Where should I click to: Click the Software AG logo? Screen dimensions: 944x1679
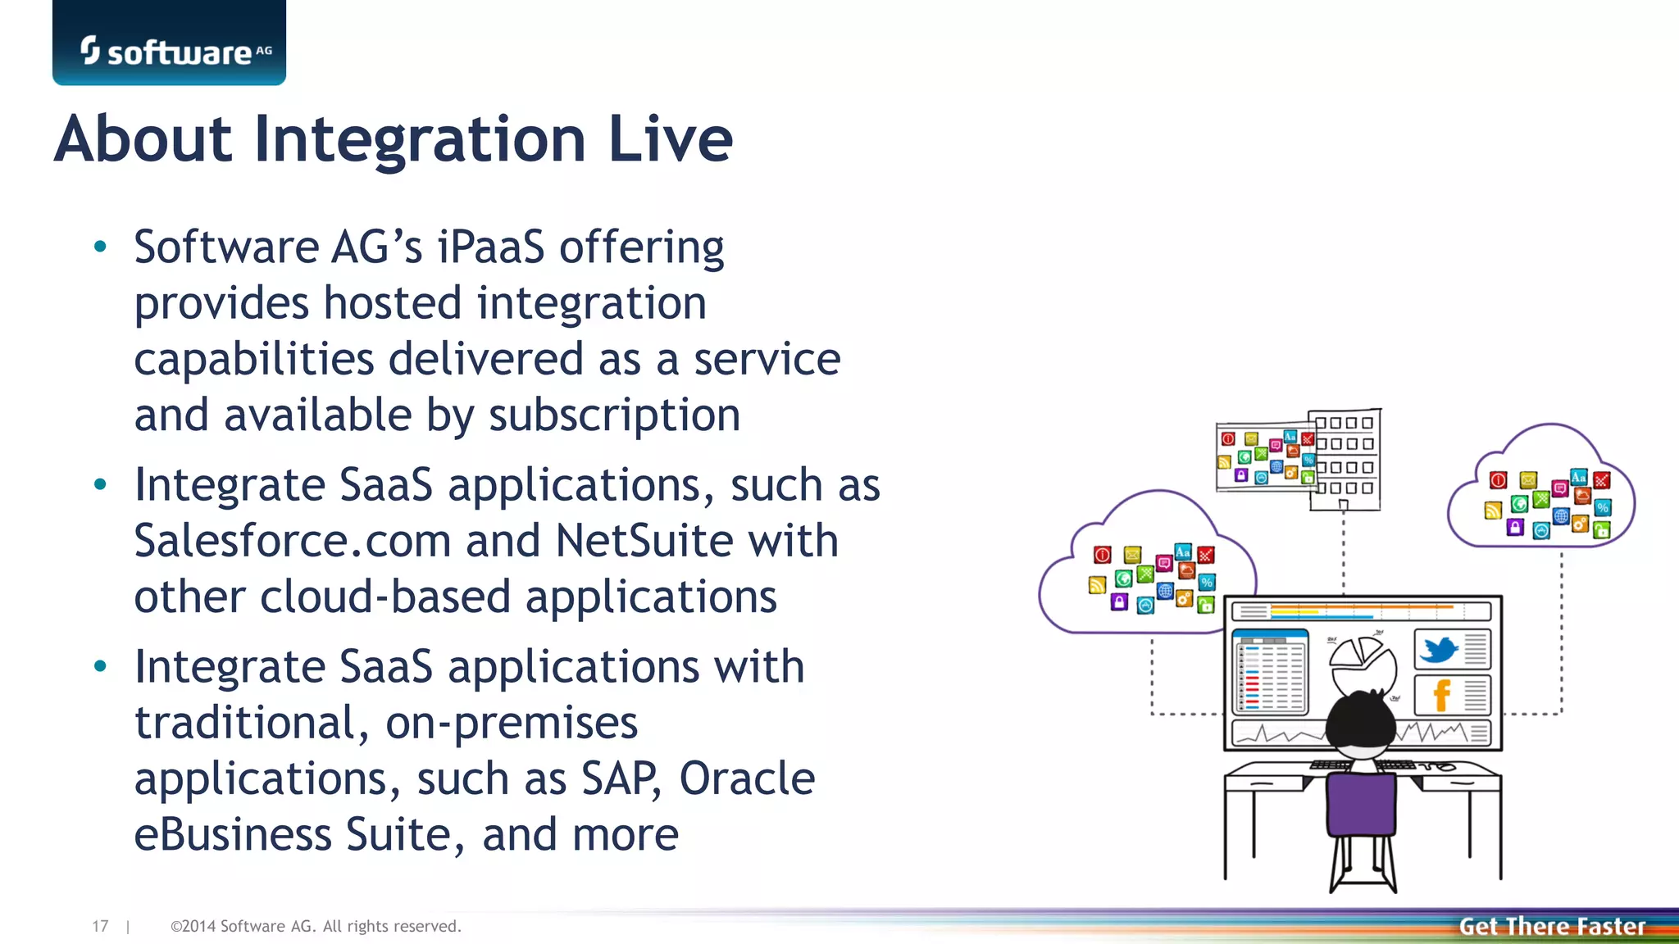170,51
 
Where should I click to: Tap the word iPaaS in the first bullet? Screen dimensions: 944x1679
490,247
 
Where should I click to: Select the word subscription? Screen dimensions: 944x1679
615,415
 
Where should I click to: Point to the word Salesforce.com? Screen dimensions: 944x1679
293,542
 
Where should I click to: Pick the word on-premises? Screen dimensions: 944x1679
512,724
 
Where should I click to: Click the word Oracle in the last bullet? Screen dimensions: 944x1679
747,779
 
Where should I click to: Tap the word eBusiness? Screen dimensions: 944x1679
233,835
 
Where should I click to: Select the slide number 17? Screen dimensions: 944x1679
100,927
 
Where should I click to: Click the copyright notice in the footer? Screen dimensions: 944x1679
316,927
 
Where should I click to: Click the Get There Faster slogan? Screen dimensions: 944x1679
1552,927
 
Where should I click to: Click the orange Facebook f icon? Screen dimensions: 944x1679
1441,696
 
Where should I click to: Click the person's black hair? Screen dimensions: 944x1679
1360,721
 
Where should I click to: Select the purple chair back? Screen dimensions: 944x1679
1361,804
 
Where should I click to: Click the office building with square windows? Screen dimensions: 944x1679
1345,459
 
